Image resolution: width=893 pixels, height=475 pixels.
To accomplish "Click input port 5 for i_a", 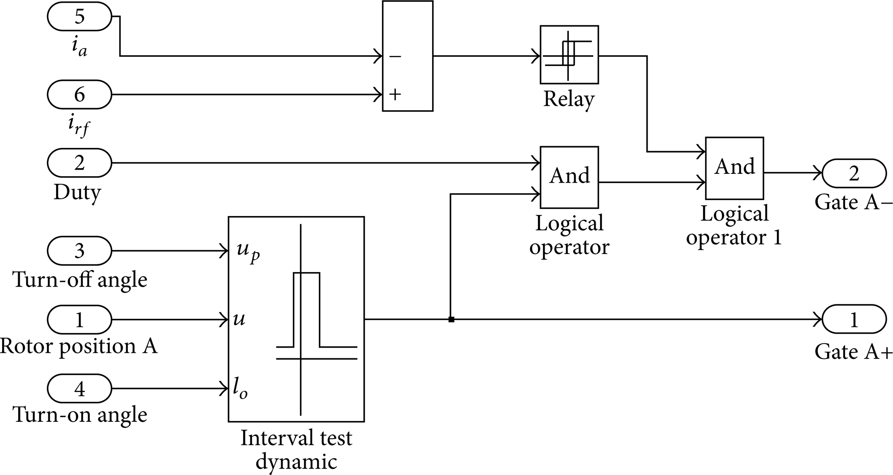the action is [79, 16].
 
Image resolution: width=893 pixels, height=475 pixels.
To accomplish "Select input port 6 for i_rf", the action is [79, 94].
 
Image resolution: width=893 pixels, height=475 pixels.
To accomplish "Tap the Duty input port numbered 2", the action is [79, 163].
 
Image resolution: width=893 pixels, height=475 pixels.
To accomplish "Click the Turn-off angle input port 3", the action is [79, 250].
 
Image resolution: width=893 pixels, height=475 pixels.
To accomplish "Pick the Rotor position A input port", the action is [79, 319].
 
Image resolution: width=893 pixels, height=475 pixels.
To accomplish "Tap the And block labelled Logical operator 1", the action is [735, 168].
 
